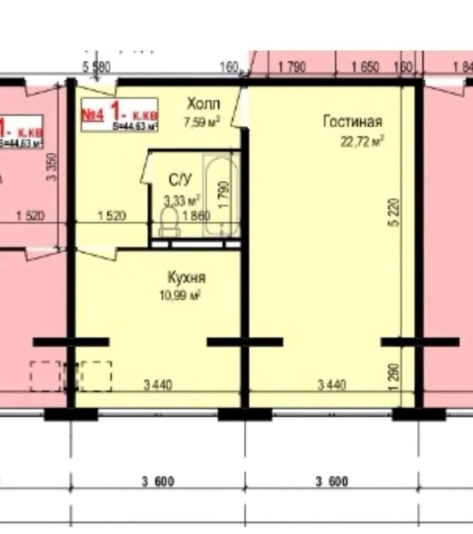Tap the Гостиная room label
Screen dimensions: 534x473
pos(352,121)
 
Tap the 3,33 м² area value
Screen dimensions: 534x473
pos(182,200)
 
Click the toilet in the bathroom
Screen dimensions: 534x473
pos(168,221)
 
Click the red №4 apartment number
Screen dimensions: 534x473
pos(93,115)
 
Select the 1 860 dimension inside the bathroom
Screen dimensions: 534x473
pos(196,216)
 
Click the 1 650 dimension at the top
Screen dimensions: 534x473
pos(365,67)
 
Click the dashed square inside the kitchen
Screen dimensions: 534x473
pos(96,376)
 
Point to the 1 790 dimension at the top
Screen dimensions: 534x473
pos(291,67)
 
